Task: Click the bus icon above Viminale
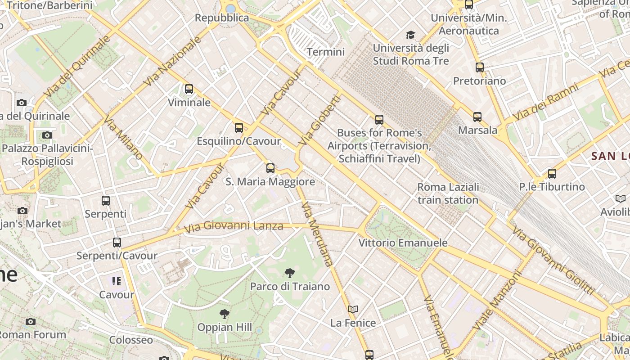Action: (189, 89)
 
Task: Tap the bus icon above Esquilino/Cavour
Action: (239, 128)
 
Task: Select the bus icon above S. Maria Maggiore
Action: (270, 168)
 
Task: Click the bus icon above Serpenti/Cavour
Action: (117, 243)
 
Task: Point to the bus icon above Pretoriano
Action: (480, 67)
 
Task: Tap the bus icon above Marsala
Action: (477, 117)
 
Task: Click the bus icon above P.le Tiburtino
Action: (552, 173)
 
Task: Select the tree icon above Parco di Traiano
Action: (290, 273)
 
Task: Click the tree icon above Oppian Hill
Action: (224, 314)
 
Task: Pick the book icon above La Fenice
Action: (353, 310)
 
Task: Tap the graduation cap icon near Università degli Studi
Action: (410, 35)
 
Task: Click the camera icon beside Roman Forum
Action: (31, 321)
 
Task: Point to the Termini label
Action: (326, 52)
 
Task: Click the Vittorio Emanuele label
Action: (403, 243)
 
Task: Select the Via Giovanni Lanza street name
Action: (234, 226)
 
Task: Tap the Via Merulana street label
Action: (318, 234)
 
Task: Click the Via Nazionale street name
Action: (172, 61)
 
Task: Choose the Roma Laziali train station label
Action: (448, 193)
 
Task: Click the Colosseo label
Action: (131, 340)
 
